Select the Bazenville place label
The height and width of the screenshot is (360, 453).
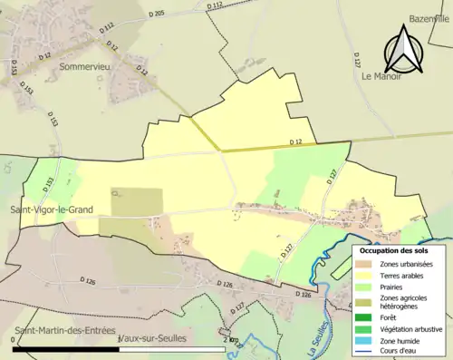pos(428,18)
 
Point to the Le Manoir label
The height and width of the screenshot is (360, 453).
pos(381,78)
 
